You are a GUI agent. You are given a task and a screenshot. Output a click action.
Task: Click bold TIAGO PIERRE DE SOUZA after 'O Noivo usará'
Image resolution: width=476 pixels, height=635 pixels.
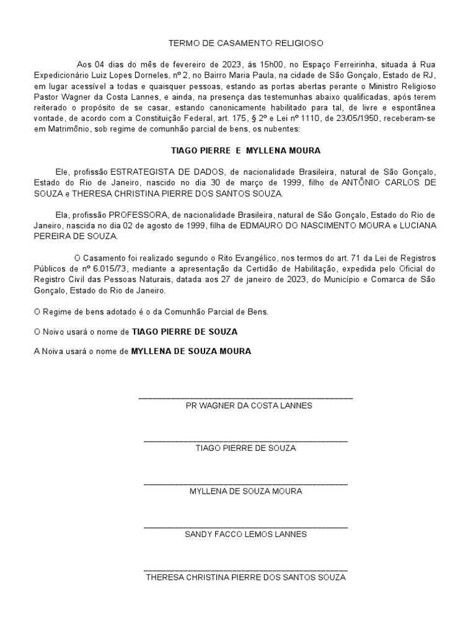185,332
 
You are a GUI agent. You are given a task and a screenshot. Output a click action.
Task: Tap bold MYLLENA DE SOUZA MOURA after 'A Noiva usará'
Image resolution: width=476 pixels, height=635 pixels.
191,351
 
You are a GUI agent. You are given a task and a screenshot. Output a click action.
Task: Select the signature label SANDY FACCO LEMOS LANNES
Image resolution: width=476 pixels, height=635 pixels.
245,533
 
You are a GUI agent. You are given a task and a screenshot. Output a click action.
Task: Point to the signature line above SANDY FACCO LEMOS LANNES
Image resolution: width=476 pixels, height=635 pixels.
245,526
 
